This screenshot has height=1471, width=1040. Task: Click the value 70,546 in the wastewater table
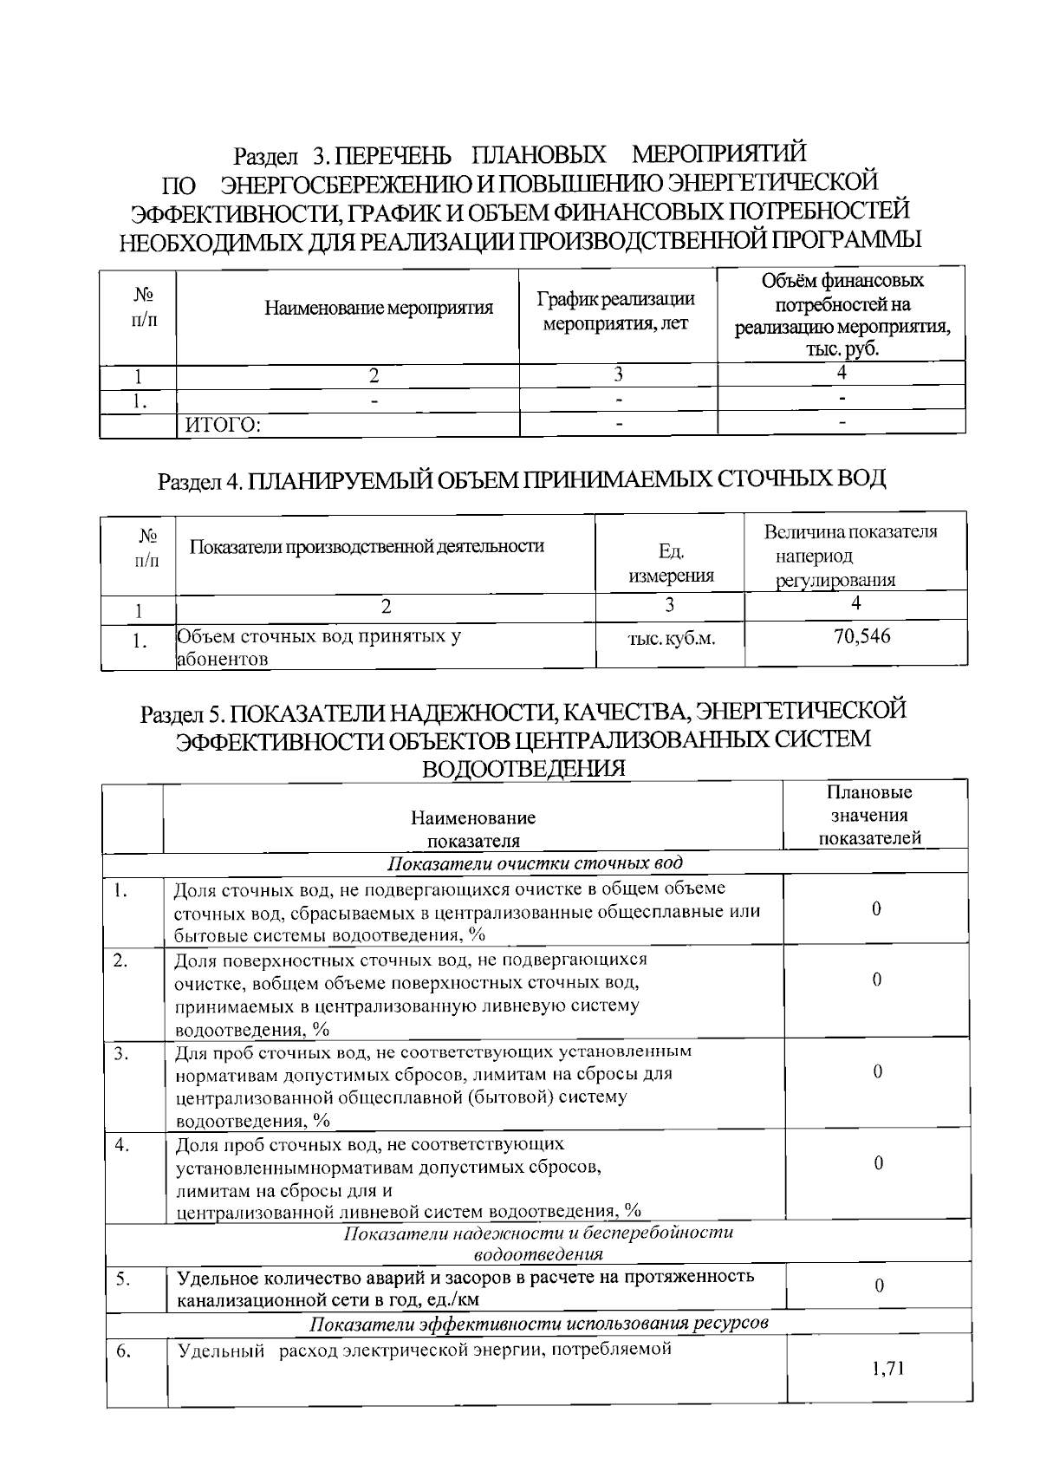[861, 637]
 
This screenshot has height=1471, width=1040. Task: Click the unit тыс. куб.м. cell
[671, 640]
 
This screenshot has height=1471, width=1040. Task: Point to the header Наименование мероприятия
[379, 308]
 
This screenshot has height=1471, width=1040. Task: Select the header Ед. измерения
[671, 563]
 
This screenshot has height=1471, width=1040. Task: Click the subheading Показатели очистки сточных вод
[534, 863]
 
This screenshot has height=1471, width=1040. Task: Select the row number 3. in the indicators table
[122, 1054]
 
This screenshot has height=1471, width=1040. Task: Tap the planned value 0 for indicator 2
[877, 980]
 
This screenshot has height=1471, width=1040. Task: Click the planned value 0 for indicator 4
[878, 1163]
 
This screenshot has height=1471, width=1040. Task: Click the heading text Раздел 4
[198, 482]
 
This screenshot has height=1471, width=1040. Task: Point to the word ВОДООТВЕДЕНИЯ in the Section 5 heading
[523, 769]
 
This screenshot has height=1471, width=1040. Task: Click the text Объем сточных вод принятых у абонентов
[318, 647]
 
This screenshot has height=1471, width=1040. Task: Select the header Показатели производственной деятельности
[367, 546]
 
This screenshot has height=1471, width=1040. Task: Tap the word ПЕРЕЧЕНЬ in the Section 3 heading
[393, 156]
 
